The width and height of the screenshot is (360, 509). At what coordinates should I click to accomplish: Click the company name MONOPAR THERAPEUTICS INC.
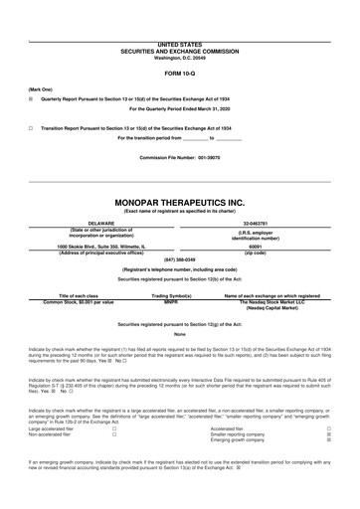pos(179,202)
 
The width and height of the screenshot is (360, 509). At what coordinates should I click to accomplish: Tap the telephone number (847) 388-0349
pos(179,259)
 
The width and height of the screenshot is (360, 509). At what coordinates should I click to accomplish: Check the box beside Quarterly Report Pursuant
pos(31,99)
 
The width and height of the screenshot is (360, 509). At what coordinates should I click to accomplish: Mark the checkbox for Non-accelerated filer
pos(114,462)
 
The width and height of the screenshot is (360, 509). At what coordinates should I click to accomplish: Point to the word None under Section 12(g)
pos(179,333)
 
